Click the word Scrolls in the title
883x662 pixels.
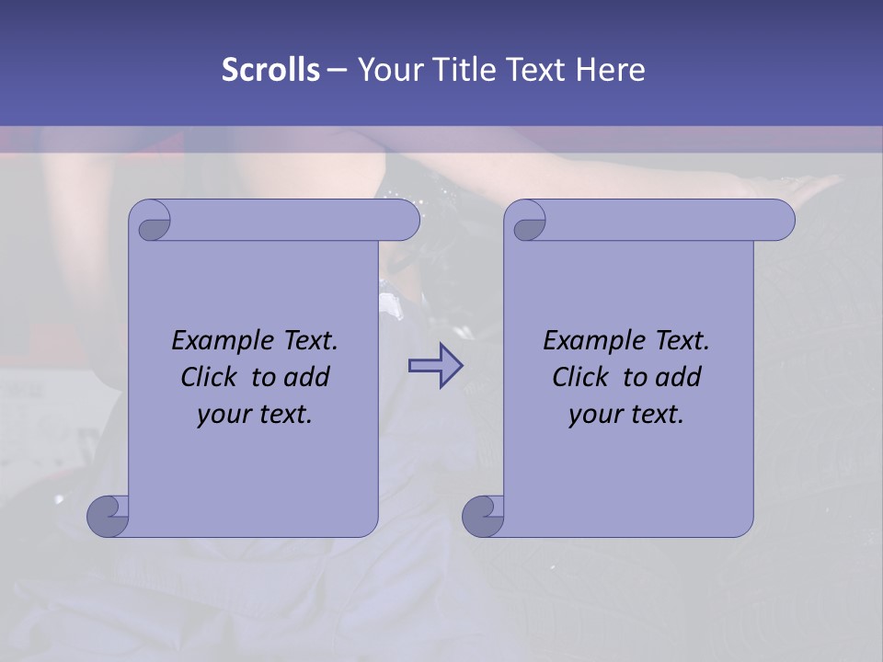coord(270,70)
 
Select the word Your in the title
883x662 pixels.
coord(390,70)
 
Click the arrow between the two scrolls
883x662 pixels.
coord(435,366)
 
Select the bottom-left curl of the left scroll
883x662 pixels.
coord(108,515)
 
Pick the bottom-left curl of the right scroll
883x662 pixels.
coord(483,515)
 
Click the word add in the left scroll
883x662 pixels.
coord(305,377)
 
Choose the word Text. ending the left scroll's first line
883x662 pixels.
coord(310,341)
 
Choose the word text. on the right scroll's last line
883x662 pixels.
coord(655,415)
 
